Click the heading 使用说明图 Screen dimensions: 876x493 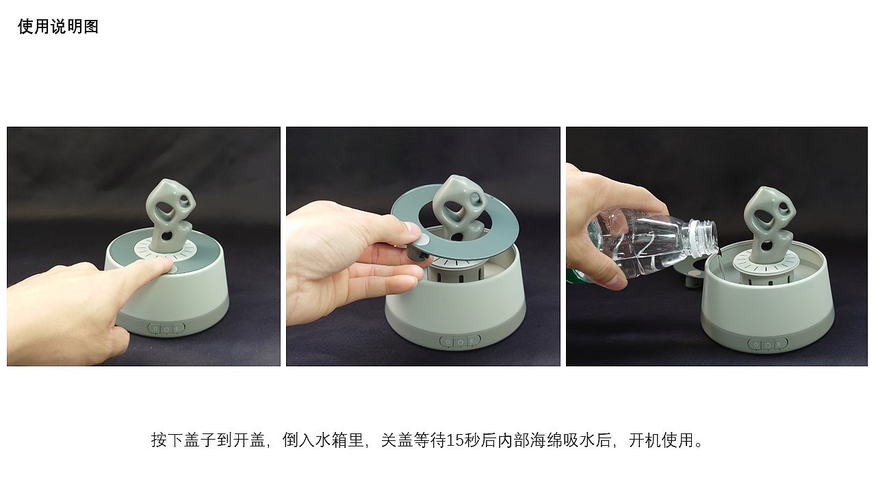coord(58,27)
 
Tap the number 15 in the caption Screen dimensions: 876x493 coord(454,440)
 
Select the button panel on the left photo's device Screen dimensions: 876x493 coord(166,328)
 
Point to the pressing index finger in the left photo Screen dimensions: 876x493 coord(144,270)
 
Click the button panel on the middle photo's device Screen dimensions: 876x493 coord(461,342)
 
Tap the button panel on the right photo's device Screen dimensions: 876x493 coord(768,344)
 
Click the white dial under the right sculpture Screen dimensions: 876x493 coord(765,264)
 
